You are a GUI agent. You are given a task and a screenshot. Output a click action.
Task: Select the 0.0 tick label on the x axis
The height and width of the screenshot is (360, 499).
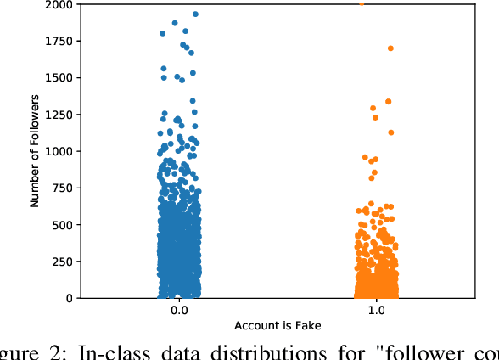click(179, 312)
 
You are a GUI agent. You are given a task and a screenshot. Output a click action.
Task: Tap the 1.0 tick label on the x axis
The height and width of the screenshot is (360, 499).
click(377, 312)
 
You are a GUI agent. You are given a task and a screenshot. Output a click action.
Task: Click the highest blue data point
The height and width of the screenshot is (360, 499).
click(195, 14)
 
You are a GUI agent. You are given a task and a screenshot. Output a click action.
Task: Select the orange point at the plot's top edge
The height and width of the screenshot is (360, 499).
click(362, 3)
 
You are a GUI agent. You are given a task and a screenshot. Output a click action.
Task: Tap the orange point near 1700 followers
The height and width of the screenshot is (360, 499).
click(390, 48)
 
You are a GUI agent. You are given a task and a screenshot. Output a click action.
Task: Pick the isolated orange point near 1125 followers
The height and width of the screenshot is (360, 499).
click(391, 132)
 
